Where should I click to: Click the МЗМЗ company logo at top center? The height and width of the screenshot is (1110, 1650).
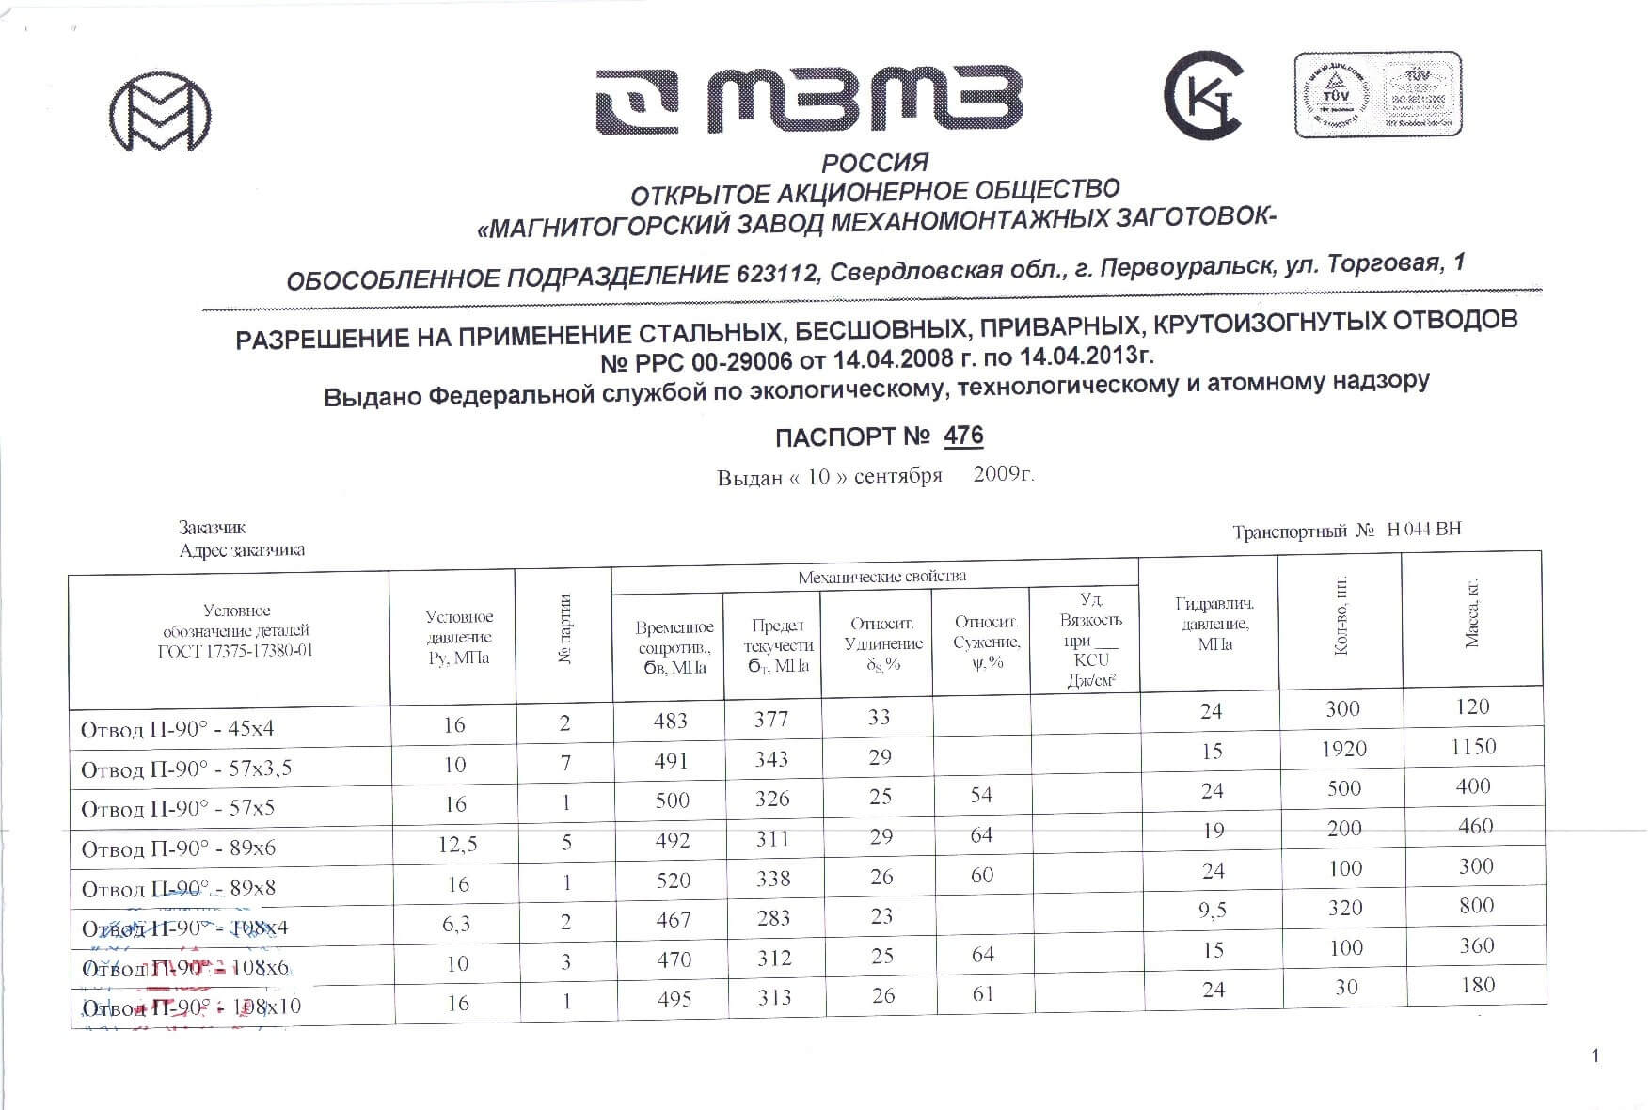[x=809, y=102]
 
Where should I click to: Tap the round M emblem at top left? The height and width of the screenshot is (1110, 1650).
[x=159, y=113]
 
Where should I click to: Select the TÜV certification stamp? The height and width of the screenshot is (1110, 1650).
[x=1377, y=94]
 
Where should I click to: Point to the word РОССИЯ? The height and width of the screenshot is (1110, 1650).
[x=875, y=163]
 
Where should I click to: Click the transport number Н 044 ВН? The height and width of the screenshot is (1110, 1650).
[x=1423, y=530]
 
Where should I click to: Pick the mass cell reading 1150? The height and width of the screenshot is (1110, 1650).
[x=1472, y=747]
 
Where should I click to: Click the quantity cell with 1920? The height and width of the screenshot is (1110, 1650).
[x=1342, y=750]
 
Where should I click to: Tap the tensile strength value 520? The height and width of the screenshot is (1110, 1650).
[x=673, y=880]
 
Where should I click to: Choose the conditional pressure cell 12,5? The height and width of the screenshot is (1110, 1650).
[x=457, y=845]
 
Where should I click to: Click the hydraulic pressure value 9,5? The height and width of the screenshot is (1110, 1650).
[x=1213, y=911]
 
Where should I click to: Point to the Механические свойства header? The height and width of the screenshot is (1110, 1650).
[x=881, y=577]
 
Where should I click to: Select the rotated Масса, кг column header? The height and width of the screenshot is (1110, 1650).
[x=1472, y=612]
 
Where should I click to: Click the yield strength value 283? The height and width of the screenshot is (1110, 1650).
[x=773, y=919]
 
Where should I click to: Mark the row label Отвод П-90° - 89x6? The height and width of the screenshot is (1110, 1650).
[x=178, y=849]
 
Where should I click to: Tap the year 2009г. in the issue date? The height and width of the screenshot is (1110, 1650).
[x=1004, y=473]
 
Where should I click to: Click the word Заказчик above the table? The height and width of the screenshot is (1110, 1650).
[x=213, y=528]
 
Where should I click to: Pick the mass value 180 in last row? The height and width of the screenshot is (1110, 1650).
[x=1477, y=985]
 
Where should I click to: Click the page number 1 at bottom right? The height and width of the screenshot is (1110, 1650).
[x=1594, y=1056]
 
